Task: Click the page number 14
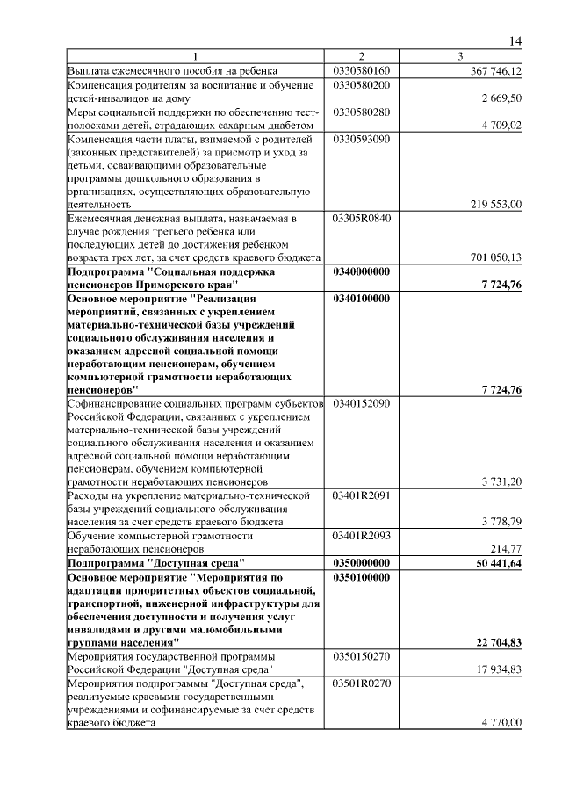tap(515, 41)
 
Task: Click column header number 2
tap(361, 57)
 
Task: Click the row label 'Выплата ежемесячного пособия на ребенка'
tap(173, 70)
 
